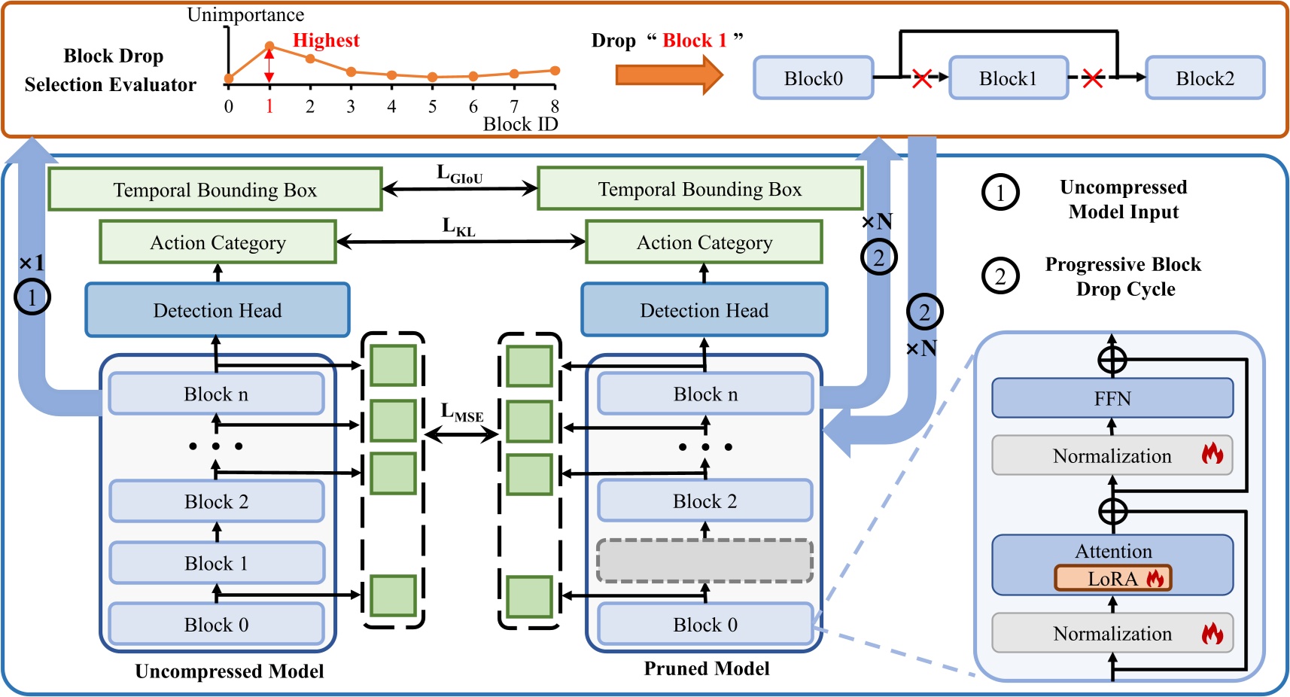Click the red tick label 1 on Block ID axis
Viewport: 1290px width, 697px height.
(x=269, y=107)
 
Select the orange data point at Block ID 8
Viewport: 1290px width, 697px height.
(x=555, y=71)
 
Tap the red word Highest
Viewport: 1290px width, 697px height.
(x=326, y=41)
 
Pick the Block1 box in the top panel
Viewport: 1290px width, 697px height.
(x=1009, y=78)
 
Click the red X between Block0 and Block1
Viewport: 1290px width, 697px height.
(x=922, y=78)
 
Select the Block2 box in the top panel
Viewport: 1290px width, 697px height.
(x=1205, y=78)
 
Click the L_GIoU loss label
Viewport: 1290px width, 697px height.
(x=459, y=175)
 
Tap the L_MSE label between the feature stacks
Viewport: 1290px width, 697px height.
(x=461, y=412)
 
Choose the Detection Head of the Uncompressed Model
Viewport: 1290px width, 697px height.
(x=218, y=310)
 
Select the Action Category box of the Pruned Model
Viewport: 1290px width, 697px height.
(x=704, y=242)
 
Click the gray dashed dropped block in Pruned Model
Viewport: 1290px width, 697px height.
(x=704, y=562)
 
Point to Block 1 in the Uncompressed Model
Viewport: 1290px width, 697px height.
(x=217, y=563)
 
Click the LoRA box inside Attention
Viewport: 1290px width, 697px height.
(x=1113, y=578)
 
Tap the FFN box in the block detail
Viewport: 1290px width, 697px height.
(x=1112, y=398)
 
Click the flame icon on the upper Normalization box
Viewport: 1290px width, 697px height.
(x=1212, y=454)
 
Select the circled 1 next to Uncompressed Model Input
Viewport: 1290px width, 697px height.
(x=1000, y=193)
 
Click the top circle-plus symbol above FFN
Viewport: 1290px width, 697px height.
(x=1112, y=360)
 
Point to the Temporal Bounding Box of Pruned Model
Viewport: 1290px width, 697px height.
(x=700, y=189)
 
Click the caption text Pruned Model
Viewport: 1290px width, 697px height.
(x=706, y=668)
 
